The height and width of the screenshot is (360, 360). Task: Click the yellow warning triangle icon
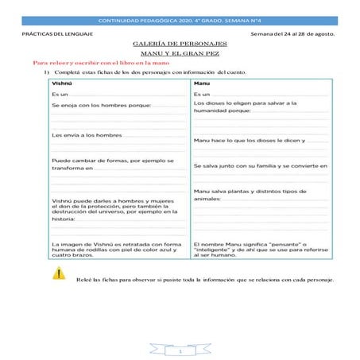[x=59, y=273]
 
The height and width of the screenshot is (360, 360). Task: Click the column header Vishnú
[x=61, y=83]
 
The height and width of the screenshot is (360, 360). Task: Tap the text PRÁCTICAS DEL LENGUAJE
[x=57, y=33]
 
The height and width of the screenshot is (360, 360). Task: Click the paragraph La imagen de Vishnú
[x=117, y=248]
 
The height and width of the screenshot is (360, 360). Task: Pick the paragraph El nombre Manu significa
[x=254, y=248]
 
